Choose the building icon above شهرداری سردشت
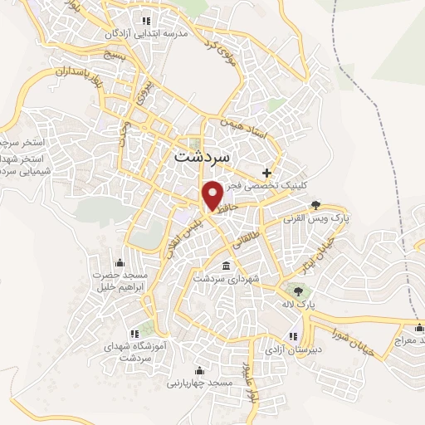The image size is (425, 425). click(227, 266)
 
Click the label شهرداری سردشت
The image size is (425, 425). click(227, 280)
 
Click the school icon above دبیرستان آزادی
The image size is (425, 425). click(292, 335)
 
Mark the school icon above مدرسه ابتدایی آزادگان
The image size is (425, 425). click(148, 20)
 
